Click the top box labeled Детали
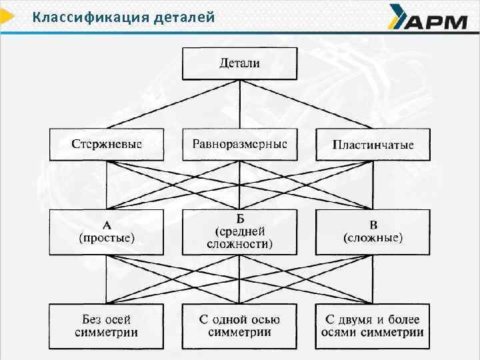pos(239,63)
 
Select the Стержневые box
pos(107,144)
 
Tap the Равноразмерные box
pos(239,144)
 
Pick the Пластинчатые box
pos(373,145)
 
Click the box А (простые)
pos(107,231)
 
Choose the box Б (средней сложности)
pos(239,231)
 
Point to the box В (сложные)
pos(373,231)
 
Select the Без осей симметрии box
pos(107,325)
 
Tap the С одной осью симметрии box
pos(239,325)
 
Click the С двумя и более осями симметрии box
pos(373,325)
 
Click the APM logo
pos(427,18)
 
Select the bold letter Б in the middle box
pos(240,218)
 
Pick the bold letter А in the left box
pos(107,225)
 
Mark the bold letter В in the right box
pos(373,225)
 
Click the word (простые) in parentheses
pos(107,238)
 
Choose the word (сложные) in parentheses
pos(373,238)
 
